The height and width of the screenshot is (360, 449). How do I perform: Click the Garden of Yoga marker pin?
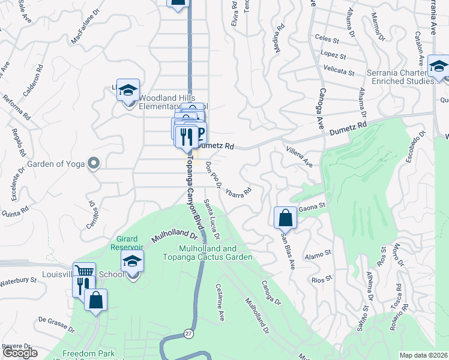coord(93,163)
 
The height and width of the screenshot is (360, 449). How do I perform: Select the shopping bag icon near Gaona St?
coord(286,217)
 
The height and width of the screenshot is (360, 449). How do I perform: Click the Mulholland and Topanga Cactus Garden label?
coord(208,253)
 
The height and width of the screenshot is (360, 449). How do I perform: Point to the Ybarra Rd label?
coord(238,192)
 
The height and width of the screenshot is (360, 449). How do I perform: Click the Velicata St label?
coord(339,71)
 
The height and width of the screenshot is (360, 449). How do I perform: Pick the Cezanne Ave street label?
coord(220,302)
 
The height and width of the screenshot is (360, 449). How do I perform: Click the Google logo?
coord(20,353)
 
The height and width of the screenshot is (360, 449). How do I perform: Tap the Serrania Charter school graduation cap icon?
coord(439,67)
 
